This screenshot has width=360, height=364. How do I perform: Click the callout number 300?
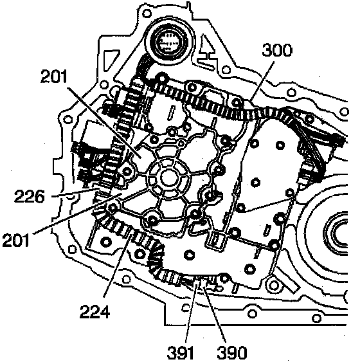pyautogui.click(x=277, y=50)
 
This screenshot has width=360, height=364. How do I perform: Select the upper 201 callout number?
pyautogui.click(x=54, y=77)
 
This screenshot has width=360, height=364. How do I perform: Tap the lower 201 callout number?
pyautogui.click(x=16, y=240)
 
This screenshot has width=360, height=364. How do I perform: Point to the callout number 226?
pyautogui.click(x=29, y=196)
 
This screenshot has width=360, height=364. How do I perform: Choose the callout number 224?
pyautogui.click(x=94, y=311)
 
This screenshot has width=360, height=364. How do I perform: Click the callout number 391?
pyautogui.click(x=181, y=352)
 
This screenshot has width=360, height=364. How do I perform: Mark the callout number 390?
pyautogui.click(x=232, y=352)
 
